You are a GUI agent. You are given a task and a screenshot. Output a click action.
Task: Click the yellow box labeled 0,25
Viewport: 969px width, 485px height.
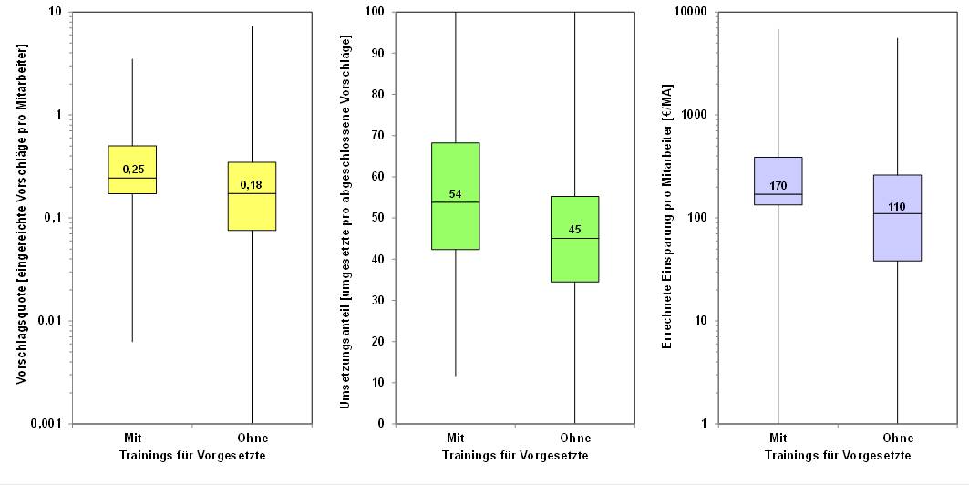(133, 170)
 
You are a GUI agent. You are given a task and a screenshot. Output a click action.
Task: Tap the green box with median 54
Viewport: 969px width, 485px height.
(456, 196)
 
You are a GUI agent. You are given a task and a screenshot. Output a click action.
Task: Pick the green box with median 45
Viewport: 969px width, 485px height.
(574, 239)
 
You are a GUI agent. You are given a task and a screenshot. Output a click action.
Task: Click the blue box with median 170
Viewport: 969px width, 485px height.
(778, 181)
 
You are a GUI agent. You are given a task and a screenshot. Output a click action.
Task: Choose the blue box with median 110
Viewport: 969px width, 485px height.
(897, 218)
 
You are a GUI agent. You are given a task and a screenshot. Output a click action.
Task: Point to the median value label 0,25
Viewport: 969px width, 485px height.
(133, 170)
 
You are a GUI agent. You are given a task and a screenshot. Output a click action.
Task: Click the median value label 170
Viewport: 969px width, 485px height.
(778, 186)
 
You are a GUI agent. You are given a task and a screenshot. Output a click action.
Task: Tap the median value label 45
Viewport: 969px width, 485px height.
(574, 230)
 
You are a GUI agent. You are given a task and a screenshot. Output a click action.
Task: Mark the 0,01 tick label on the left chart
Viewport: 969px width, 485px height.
(52, 321)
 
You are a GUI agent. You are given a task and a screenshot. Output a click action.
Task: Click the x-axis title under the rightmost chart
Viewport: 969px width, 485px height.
(838, 455)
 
